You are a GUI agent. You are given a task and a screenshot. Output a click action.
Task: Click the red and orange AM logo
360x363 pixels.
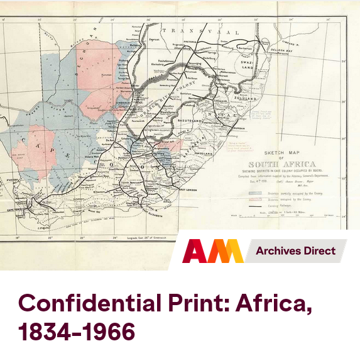[x=212, y=251]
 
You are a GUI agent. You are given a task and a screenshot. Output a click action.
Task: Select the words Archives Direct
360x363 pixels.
[x=295, y=251]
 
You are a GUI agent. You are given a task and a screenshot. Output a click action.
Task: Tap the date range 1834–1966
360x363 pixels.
[x=76, y=332]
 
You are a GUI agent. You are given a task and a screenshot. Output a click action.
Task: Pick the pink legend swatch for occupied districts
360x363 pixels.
[x=256, y=198]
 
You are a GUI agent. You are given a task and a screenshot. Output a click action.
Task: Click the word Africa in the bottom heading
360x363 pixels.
[x=273, y=304]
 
